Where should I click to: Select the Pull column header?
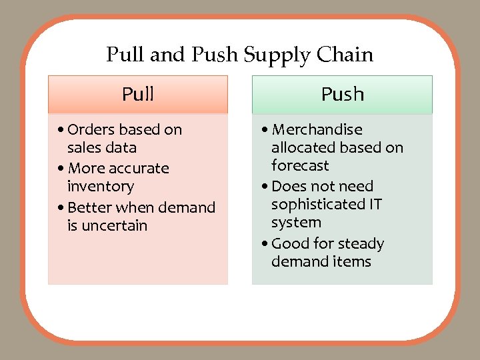point(138,94)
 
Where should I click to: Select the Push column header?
point(343,94)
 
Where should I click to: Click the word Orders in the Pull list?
point(91,129)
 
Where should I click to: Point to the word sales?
point(83,147)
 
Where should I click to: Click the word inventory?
point(100,186)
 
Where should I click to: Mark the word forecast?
point(300,165)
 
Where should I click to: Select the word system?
point(296,222)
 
